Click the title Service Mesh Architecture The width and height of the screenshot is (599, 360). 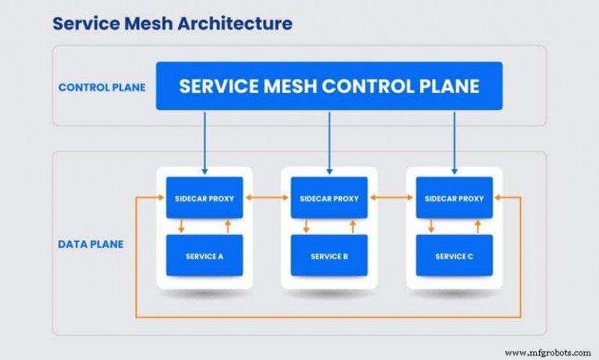coord(171,24)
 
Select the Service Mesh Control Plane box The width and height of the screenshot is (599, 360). coord(329,86)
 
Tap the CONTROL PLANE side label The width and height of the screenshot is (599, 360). coord(101,87)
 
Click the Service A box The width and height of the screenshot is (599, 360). coord(204,256)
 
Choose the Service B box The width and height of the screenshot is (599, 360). coord(329,256)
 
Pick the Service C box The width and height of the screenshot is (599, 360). coord(454,256)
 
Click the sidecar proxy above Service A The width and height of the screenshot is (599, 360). coord(204,198)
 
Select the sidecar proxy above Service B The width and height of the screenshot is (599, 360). coord(329,198)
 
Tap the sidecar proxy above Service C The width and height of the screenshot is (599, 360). coord(454,198)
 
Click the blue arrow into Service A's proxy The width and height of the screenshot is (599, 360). coord(204,142)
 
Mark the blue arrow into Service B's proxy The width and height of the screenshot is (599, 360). coord(329,142)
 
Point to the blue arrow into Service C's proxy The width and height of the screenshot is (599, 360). coord(454,142)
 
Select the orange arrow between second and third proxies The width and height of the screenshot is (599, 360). coord(392,198)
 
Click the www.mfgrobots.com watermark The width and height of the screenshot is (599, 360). coord(550,352)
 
